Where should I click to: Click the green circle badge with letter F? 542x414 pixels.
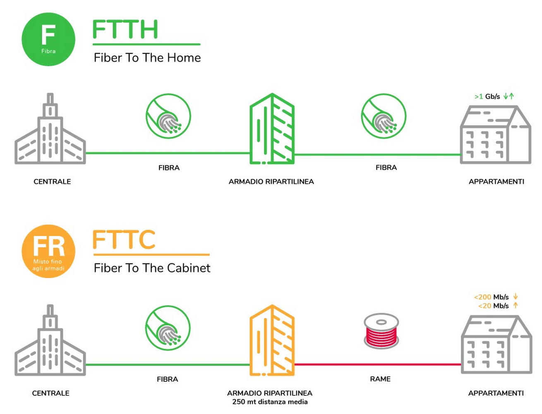pos(48,39)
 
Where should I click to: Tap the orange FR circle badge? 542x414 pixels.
pos(48,251)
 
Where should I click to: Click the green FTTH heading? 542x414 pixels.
pos(125,29)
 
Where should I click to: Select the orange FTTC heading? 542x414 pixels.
pos(124,240)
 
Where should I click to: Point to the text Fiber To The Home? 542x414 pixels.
pos(147,58)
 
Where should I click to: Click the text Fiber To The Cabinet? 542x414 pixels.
pos(152,268)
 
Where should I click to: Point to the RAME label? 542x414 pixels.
pos(380,379)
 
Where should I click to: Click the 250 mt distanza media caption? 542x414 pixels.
pos(270,402)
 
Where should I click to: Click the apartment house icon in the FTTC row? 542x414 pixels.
pos(496,344)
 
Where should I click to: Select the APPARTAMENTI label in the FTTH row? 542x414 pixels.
pos(496,181)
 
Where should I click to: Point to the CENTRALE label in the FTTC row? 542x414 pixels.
pos(50,393)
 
